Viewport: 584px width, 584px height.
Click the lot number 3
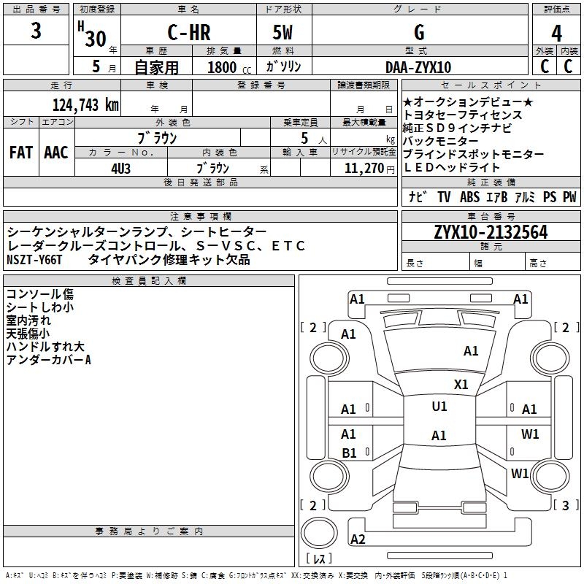coord(36,32)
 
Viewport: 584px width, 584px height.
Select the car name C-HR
coord(188,33)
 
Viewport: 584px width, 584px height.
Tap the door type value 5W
coord(284,33)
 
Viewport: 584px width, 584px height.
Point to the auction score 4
coord(557,34)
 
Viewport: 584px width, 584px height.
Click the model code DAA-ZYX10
coord(418,66)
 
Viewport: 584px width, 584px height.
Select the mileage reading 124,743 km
coord(85,104)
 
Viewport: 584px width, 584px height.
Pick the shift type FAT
coord(20,152)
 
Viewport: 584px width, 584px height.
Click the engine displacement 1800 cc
coord(228,67)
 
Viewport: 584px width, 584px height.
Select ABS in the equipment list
coord(469,196)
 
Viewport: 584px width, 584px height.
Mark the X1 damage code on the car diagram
coord(461,384)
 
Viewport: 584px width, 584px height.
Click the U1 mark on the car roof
coord(439,407)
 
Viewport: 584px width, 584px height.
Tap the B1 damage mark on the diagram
coord(349,453)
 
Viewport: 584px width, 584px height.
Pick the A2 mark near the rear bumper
coord(358,539)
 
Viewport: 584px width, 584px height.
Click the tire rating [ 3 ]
coord(564,505)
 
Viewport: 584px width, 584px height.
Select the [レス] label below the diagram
coord(318,559)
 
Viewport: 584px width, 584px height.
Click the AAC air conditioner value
coord(55,152)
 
